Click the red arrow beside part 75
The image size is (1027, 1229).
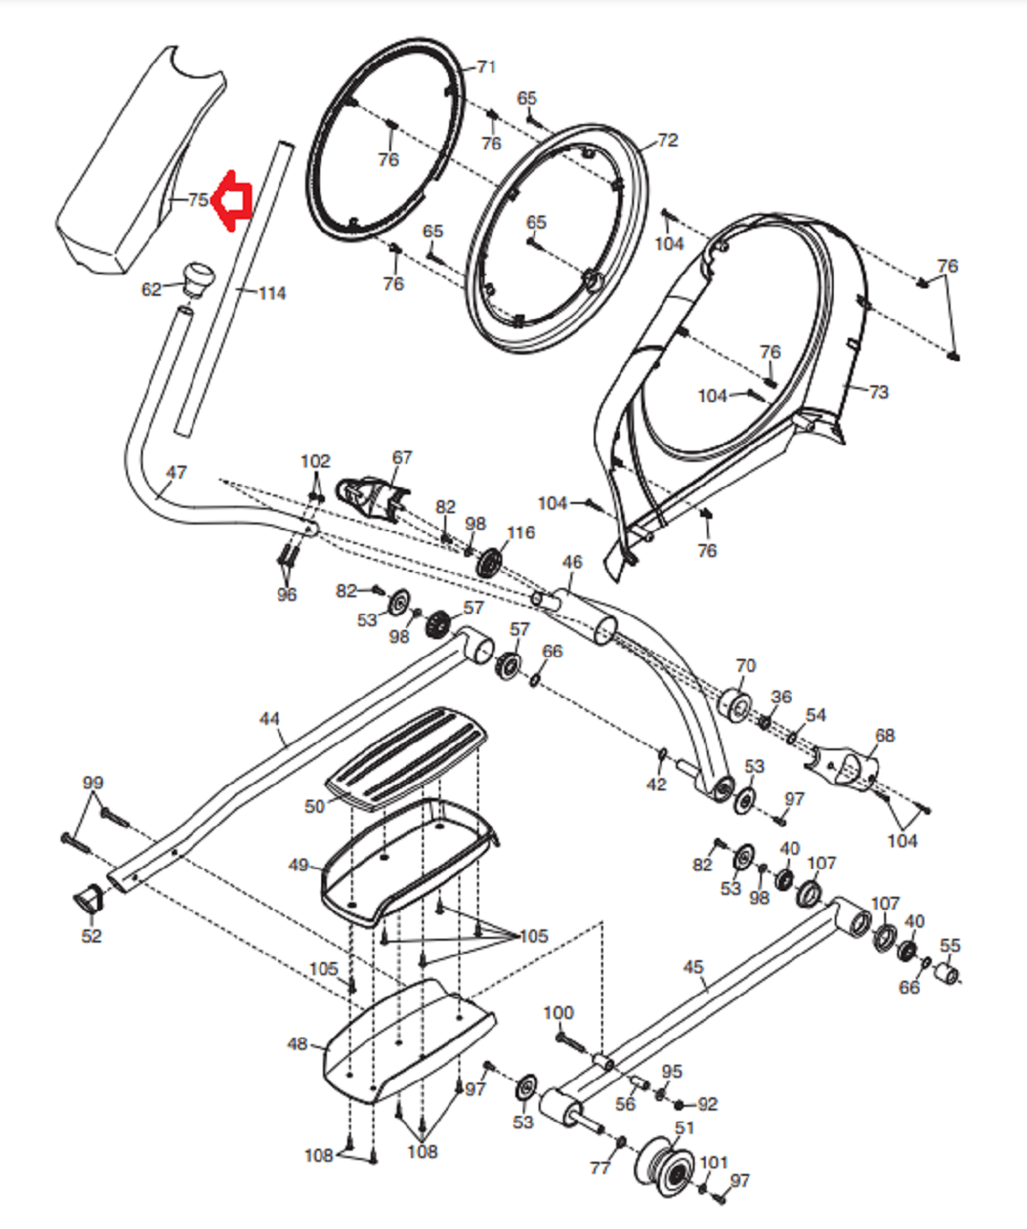pyautogui.click(x=232, y=200)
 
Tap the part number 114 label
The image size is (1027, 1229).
pyautogui.click(x=272, y=293)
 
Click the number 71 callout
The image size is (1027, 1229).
pyautogui.click(x=485, y=67)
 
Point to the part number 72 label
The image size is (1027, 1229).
pyautogui.click(x=668, y=140)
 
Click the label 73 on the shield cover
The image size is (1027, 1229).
pyautogui.click(x=878, y=391)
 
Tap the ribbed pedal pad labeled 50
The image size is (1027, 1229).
pyautogui.click(x=406, y=758)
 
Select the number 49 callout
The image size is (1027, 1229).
pyautogui.click(x=299, y=865)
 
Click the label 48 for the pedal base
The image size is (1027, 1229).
pyautogui.click(x=298, y=1044)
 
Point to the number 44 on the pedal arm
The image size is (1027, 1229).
pyautogui.click(x=269, y=719)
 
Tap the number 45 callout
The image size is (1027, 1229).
pyautogui.click(x=693, y=967)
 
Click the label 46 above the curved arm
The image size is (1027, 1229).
pyautogui.click(x=571, y=562)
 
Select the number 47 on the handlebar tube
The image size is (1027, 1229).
pyautogui.click(x=176, y=472)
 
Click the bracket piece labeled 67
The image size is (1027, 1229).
pyautogui.click(x=373, y=499)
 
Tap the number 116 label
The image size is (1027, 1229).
pyautogui.click(x=521, y=533)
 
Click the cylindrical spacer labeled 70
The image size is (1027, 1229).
pyautogui.click(x=736, y=704)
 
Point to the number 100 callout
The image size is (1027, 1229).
pyautogui.click(x=557, y=1013)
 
